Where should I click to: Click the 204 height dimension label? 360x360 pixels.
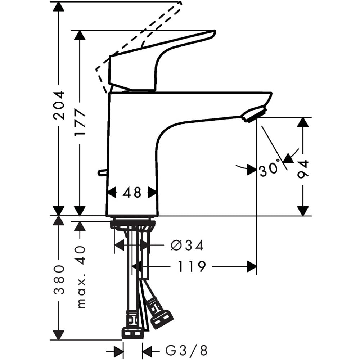[59, 105]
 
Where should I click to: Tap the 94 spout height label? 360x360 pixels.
[303, 170]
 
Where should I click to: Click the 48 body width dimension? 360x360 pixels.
[132, 192]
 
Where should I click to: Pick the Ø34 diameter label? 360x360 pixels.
[187, 245]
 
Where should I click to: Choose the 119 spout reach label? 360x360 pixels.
[192, 266]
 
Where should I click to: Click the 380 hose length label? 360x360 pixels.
[59, 280]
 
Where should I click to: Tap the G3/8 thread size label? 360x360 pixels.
[186, 350]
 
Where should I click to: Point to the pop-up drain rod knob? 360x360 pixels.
[103, 173]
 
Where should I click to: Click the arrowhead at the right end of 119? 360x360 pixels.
[252, 266]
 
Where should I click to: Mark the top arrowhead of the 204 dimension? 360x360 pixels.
[59, 6]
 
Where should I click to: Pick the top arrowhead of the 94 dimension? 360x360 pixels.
[303, 122]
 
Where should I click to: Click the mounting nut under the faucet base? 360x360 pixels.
[133, 225]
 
